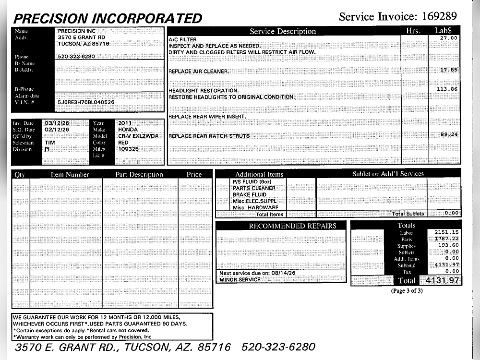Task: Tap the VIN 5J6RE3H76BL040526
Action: coord(86,102)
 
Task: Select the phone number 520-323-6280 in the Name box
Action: coord(76,56)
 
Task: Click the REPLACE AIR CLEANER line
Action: coord(198,72)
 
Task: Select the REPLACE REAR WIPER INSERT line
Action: coord(207,117)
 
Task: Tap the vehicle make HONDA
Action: coord(128,130)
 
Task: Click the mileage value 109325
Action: coord(128,149)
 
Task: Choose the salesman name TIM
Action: coord(49,143)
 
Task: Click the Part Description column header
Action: coord(139,175)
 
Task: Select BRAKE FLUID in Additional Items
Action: coord(249,195)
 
